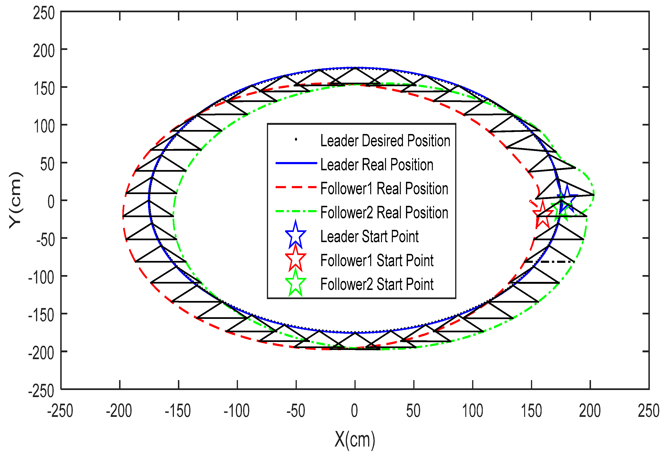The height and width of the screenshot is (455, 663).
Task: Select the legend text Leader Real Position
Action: (377, 164)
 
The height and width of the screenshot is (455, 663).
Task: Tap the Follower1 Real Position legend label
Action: (384, 188)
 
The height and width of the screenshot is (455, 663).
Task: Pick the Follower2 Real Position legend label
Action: (384, 212)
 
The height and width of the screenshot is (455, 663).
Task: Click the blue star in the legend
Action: (296, 235)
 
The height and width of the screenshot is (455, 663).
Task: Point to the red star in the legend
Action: (296, 259)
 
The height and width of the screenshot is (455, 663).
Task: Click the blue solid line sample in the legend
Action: (296, 163)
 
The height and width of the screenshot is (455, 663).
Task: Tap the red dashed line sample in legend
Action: (296, 187)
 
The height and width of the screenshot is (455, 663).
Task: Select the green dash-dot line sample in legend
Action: (296, 211)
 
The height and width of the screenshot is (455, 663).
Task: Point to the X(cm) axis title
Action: (355, 440)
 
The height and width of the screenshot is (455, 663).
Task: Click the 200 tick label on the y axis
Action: (44, 51)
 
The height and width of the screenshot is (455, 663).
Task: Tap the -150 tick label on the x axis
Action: (178, 411)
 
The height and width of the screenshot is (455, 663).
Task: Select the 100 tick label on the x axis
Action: (472, 411)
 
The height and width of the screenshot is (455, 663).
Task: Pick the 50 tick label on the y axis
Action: (47, 165)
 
